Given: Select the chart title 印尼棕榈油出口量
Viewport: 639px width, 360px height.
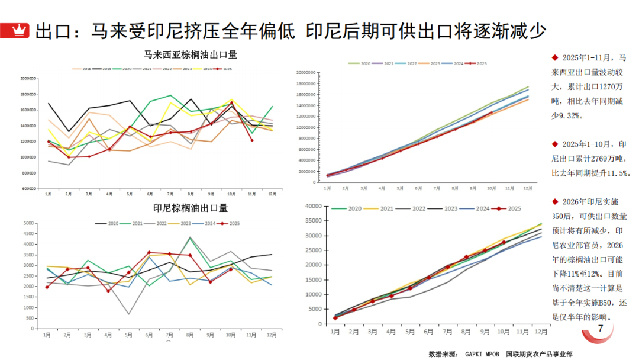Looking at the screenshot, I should [x=191, y=208].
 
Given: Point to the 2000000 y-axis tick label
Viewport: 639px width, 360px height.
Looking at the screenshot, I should [x=28, y=78].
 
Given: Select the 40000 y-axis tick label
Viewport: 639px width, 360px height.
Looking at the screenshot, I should [x=312, y=206].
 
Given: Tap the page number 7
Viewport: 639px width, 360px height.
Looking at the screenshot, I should [x=601, y=329].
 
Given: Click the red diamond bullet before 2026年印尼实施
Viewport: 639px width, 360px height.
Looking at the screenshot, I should [x=554, y=201].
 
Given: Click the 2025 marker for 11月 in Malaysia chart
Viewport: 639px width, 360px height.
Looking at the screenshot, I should [x=251, y=140].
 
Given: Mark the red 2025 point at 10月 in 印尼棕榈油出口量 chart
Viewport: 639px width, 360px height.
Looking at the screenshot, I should [x=231, y=269].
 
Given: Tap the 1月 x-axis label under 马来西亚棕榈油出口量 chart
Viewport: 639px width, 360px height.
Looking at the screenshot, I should [x=49, y=194].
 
